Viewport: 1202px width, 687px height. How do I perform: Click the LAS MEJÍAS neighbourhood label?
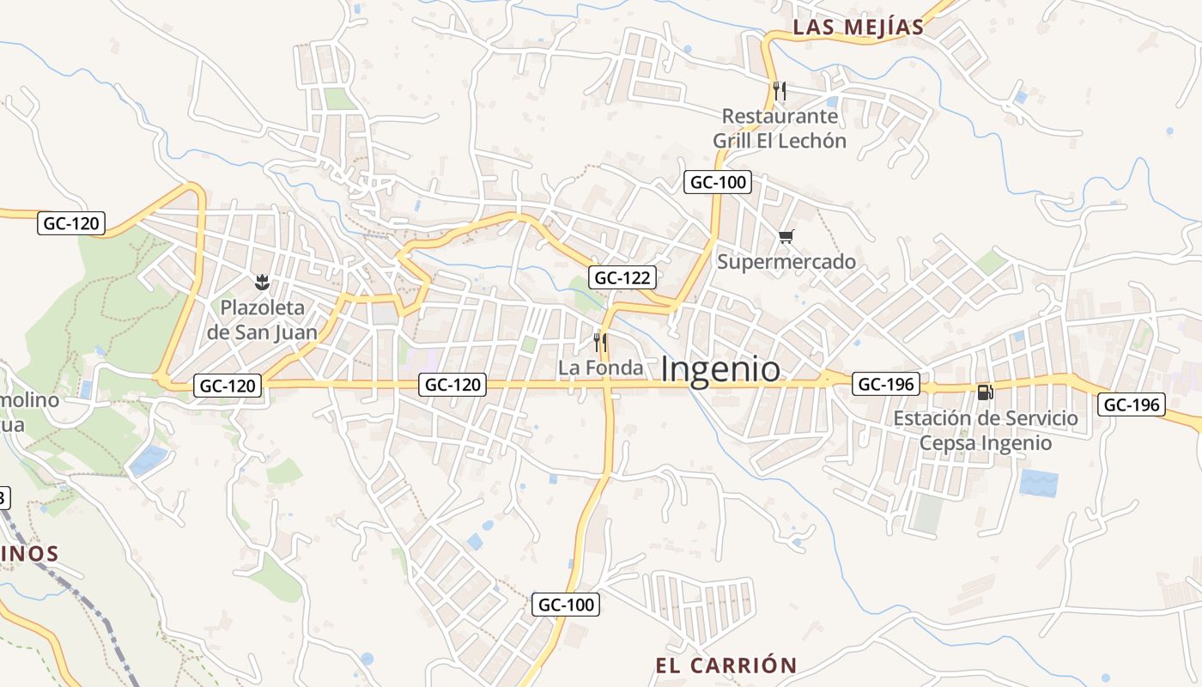tap(858, 27)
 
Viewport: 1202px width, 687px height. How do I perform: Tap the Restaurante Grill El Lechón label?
tap(780, 128)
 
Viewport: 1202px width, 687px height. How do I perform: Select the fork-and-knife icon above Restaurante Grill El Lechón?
tap(779, 89)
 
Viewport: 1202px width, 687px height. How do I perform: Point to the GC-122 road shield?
tap(623, 277)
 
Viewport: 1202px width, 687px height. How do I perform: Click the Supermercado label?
tap(786, 261)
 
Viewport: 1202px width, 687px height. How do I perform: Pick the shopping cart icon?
tap(786, 236)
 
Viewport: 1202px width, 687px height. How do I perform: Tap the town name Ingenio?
tap(721, 369)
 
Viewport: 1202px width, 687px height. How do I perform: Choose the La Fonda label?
tap(600, 368)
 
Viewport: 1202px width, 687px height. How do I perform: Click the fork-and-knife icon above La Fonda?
tap(600, 343)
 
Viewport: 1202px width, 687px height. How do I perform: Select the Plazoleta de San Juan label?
tap(263, 319)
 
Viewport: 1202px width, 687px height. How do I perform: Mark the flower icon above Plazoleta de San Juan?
tap(263, 281)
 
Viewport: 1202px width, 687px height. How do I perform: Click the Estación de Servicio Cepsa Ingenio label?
tap(986, 430)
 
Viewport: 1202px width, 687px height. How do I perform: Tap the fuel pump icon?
tap(985, 392)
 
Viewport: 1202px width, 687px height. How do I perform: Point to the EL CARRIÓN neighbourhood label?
tap(726, 666)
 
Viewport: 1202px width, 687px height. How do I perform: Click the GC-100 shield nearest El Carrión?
tap(567, 605)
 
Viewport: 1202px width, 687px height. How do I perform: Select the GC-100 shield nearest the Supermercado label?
tap(718, 182)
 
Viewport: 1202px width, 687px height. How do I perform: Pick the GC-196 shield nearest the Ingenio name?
tap(886, 384)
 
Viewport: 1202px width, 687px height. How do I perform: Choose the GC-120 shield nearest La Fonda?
tap(453, 385)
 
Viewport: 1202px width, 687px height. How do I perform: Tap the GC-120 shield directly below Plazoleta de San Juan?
tap(228, 386)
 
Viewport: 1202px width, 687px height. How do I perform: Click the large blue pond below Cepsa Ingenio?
tap(1039, 483)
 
